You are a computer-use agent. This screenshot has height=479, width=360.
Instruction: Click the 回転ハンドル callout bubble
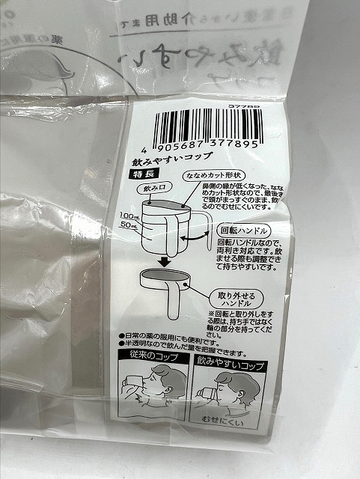click(241, 231)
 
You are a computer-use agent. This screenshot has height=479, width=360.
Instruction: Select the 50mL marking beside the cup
click(129, 225)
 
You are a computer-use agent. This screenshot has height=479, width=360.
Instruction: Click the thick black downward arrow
click(162, 260)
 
